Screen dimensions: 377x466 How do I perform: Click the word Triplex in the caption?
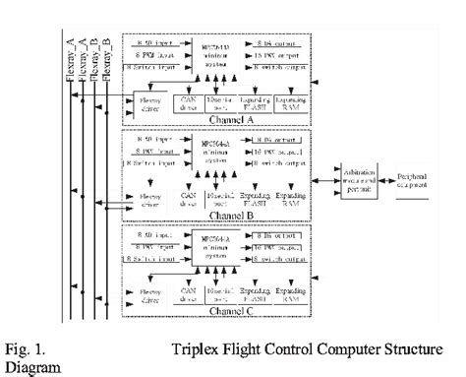(197, 347)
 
